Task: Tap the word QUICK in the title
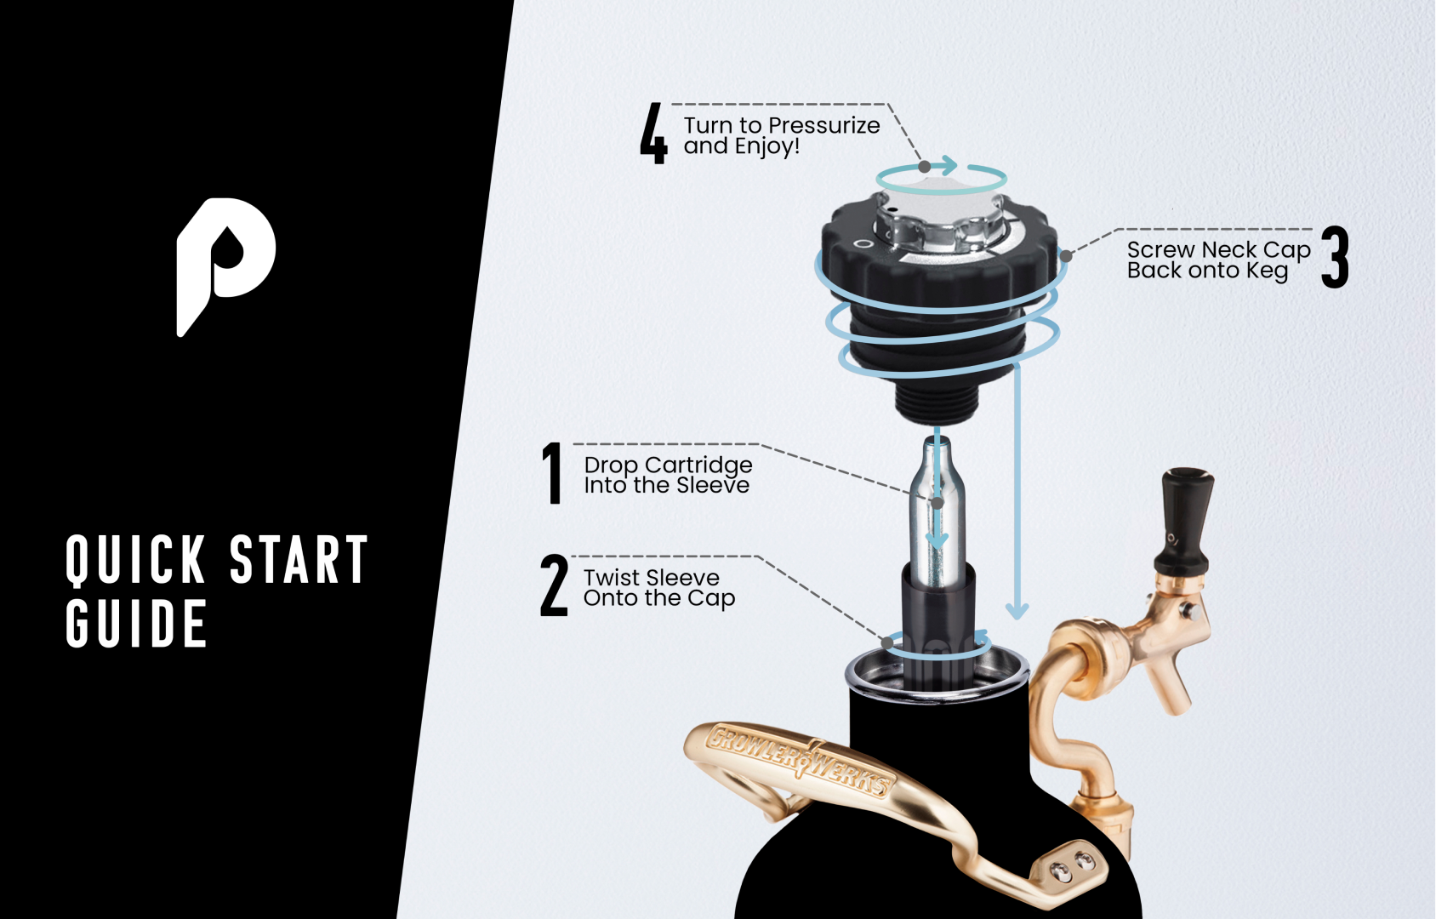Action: click(x=135, y=560)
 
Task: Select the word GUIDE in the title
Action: click(x=137, y=624)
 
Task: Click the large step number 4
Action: click(x=653, y=134)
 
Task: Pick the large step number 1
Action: click(x=552, y=473)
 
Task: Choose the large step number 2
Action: click(x=554, y=585)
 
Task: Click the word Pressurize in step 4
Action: click(x=823, y=126)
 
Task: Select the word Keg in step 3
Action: click(x=1268, y=271)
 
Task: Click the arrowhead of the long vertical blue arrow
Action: click(x=1017, y=610)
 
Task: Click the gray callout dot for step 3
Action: click(x=1065, y=256)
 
